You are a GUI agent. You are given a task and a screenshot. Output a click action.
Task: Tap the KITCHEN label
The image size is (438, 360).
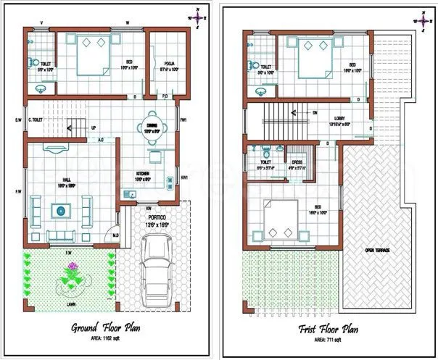point(142,174)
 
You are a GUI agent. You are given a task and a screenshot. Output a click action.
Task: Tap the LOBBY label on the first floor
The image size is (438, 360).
point(339,119)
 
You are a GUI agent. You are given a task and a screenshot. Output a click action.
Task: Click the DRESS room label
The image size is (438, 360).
point(297,162)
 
